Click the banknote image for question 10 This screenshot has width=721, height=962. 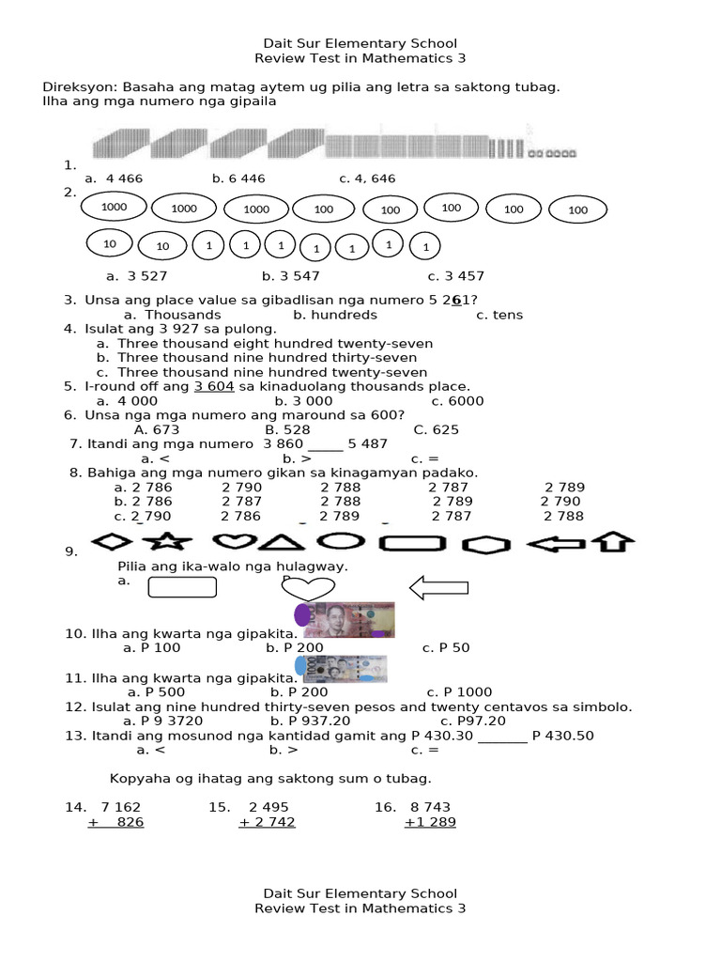pyautogui.click(x=345, y=619)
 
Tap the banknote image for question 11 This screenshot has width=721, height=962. pyautogui.click(x=341, y=668)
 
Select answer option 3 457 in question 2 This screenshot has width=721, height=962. pyautogui.click(x=456, y=276)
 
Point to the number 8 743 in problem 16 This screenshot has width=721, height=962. pyautogui.click(x=430, y=807)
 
